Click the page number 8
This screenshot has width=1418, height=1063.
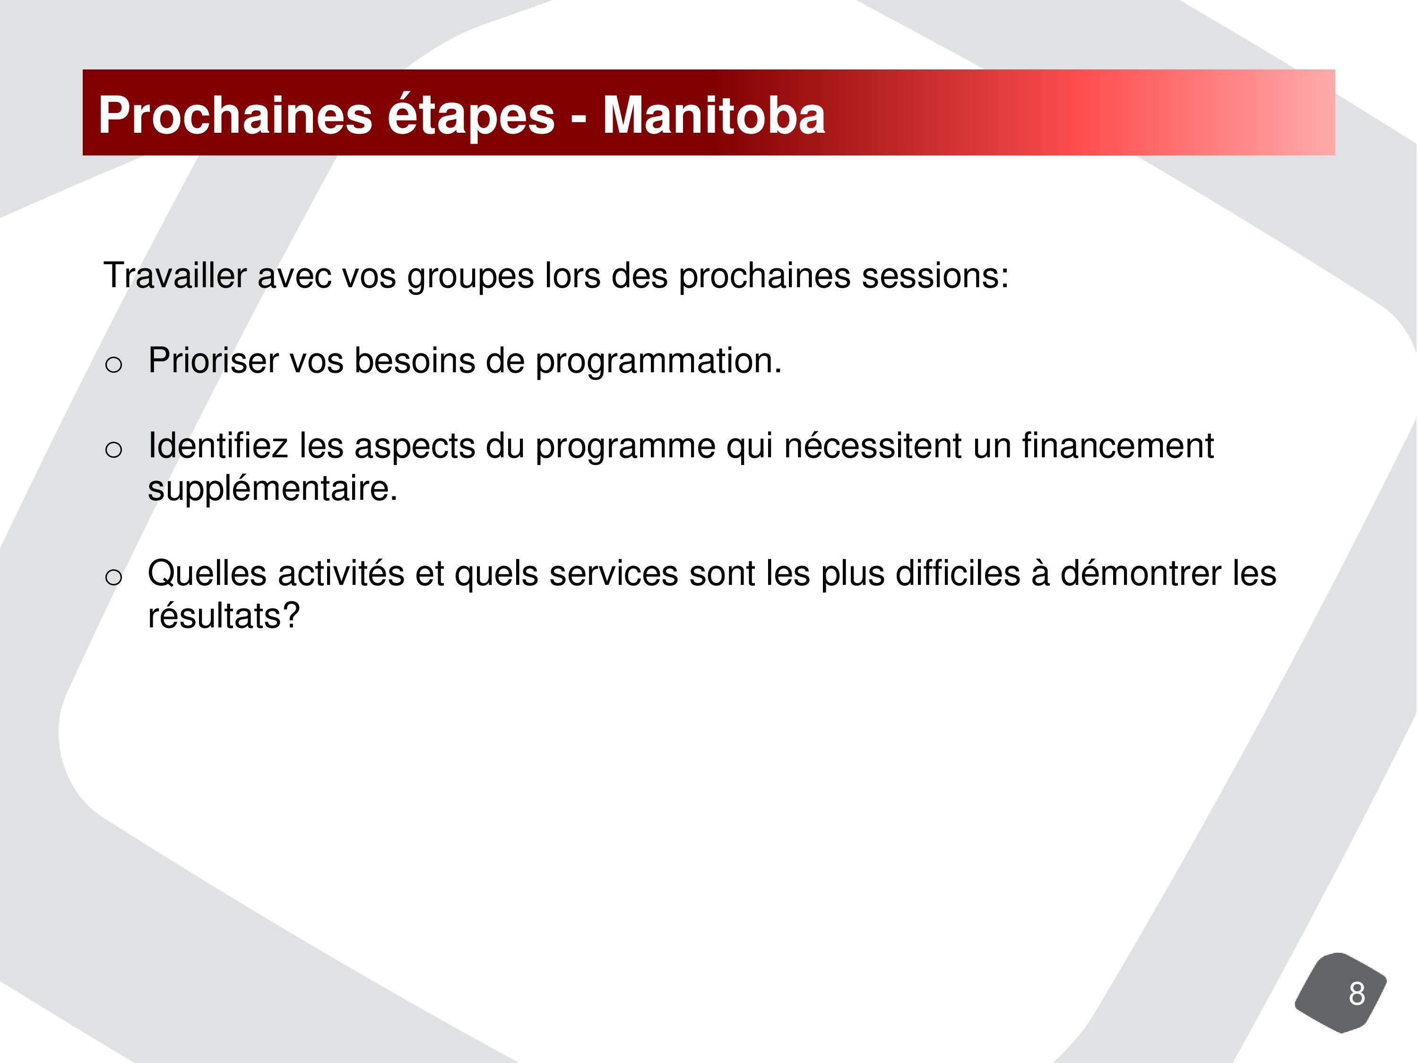pos(1357,994)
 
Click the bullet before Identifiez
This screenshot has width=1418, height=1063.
pos(113,450)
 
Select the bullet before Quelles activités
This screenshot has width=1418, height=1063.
pos(113,577)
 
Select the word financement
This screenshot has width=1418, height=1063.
pos(1117,446)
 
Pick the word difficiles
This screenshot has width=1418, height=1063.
pos(958,573)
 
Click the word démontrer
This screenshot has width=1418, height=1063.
pos(1141,573)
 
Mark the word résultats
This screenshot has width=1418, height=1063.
pos(217,616)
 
